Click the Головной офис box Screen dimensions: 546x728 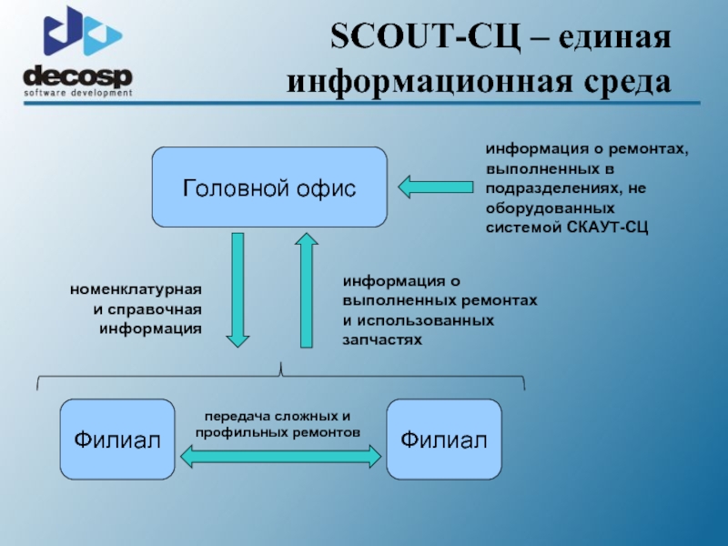coord(269,187)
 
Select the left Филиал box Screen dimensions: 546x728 coord(116,440)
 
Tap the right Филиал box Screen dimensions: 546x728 coord(443,440)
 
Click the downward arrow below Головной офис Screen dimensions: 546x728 coord(238,289)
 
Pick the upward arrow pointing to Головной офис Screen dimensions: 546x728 coord(306,289)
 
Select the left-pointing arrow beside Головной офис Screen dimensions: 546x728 coord(436,187)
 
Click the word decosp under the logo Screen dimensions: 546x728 coord(77,76)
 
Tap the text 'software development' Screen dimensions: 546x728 coord(78,92)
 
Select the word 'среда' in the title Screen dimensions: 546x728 coord(624,82)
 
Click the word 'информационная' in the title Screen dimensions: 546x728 coord(427,82)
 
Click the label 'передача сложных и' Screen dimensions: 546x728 coord(277,414)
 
